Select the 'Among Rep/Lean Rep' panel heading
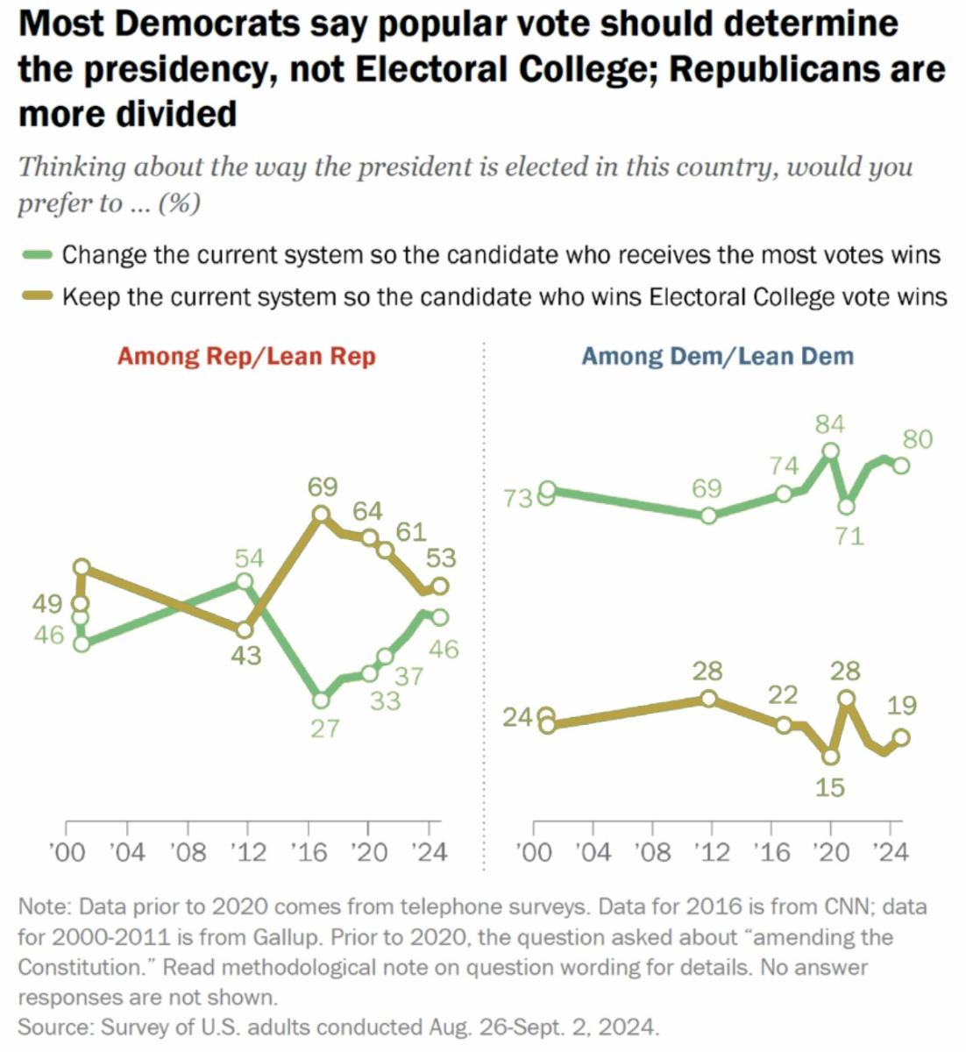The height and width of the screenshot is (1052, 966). coord(246,356)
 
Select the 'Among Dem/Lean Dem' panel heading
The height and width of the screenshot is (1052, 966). coord(717,356)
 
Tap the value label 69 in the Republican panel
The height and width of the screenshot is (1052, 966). coord(323,487)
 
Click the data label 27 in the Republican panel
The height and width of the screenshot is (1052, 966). coord(324,728)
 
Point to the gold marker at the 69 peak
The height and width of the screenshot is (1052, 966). coord(321,515)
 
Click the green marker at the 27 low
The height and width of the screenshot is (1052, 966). coord(321,700)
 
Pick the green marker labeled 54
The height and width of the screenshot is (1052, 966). coord(245,582)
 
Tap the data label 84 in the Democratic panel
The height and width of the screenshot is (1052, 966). coord(829,425)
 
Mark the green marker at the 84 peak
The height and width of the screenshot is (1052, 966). coord(831,451)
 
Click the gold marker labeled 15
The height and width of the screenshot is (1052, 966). coord(831,756)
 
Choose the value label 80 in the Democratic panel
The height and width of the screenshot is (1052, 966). coord(917,439)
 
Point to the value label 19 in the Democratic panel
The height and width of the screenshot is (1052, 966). coord(901,705)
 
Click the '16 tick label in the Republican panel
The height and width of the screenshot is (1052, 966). coord(308,852)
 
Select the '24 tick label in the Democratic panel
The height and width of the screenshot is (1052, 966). coord(891,852)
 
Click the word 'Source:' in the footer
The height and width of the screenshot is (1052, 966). coord(55,1026)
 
